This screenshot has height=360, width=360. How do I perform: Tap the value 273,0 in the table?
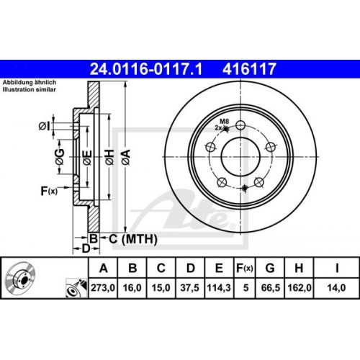pos(103,287)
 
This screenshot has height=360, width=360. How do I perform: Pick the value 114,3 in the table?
pos(218,287)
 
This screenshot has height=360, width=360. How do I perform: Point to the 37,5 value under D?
pos(189,287)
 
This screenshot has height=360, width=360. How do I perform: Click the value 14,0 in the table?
pos(336,287)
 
